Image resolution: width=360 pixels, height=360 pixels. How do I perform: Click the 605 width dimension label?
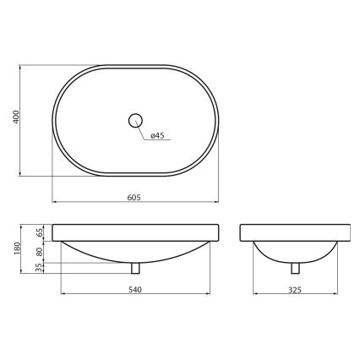tap(134, 197)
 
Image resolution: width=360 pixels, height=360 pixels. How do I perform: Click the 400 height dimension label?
tap(14, 118)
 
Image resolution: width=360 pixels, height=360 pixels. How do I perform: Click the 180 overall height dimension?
tap(14, 248)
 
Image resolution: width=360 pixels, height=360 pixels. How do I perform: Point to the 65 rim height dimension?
tap(39, 232)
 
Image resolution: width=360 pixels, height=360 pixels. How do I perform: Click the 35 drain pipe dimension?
tap(39, 267)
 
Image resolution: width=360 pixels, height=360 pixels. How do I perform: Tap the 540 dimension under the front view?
tap(134, 289)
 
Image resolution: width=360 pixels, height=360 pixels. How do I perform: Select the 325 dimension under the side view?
tap(295, 289)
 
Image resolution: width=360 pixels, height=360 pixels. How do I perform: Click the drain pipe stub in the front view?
tap(135, 268)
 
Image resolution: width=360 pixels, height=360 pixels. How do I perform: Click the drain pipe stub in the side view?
tap(295, 268)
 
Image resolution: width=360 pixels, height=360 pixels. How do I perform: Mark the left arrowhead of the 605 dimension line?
tap(55, 203)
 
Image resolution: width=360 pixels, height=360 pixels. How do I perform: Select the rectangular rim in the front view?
tap(135, 232)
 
